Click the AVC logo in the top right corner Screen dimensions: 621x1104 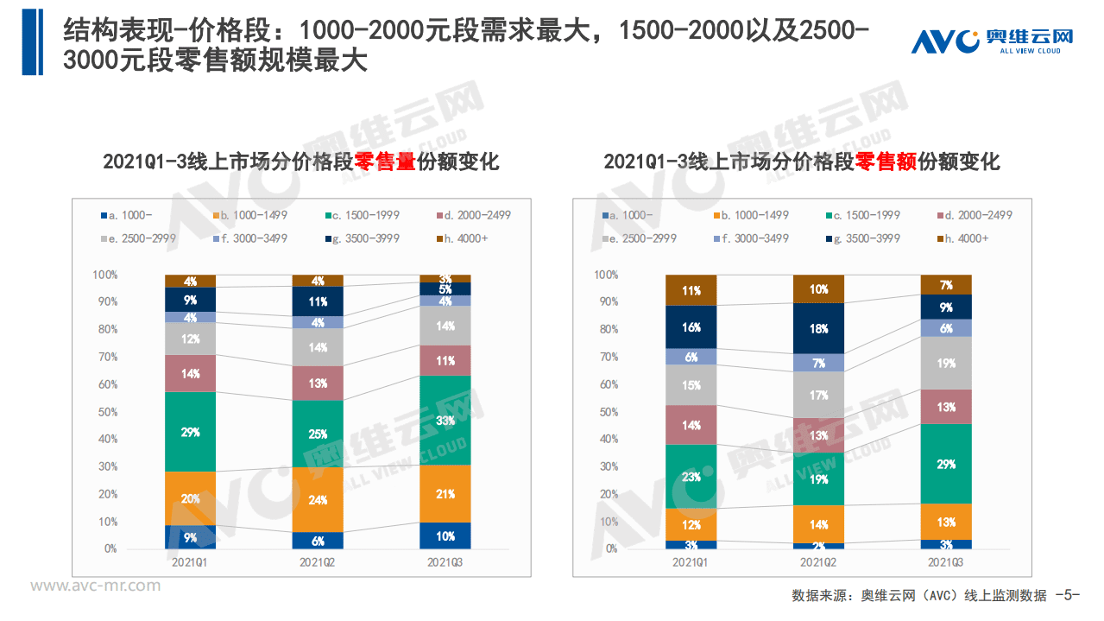tap(992, 41)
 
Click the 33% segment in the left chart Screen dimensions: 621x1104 tap(445, 421)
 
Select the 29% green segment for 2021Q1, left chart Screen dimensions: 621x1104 tap(190, 431)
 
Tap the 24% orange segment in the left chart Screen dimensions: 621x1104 tap(318, 499)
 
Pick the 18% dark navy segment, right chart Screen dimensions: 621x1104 tap(818, 328)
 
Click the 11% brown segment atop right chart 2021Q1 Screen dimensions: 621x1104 tap(691, 290)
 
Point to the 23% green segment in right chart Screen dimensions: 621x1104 tap(691, 476)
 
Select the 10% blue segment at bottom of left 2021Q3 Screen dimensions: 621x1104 tap(445, 535)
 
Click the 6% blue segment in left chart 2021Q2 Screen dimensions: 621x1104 tap(318, 541)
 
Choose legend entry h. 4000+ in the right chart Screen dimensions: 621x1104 tap(966, 238)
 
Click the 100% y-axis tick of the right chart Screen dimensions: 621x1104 tap(605, 275)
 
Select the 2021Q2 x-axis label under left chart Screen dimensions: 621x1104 tap(318, 562)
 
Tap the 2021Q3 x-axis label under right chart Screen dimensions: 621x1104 tap(946, 562)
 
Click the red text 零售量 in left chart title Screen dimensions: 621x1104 tap(385, 162)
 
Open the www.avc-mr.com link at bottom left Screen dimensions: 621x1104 tap(95, 586)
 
